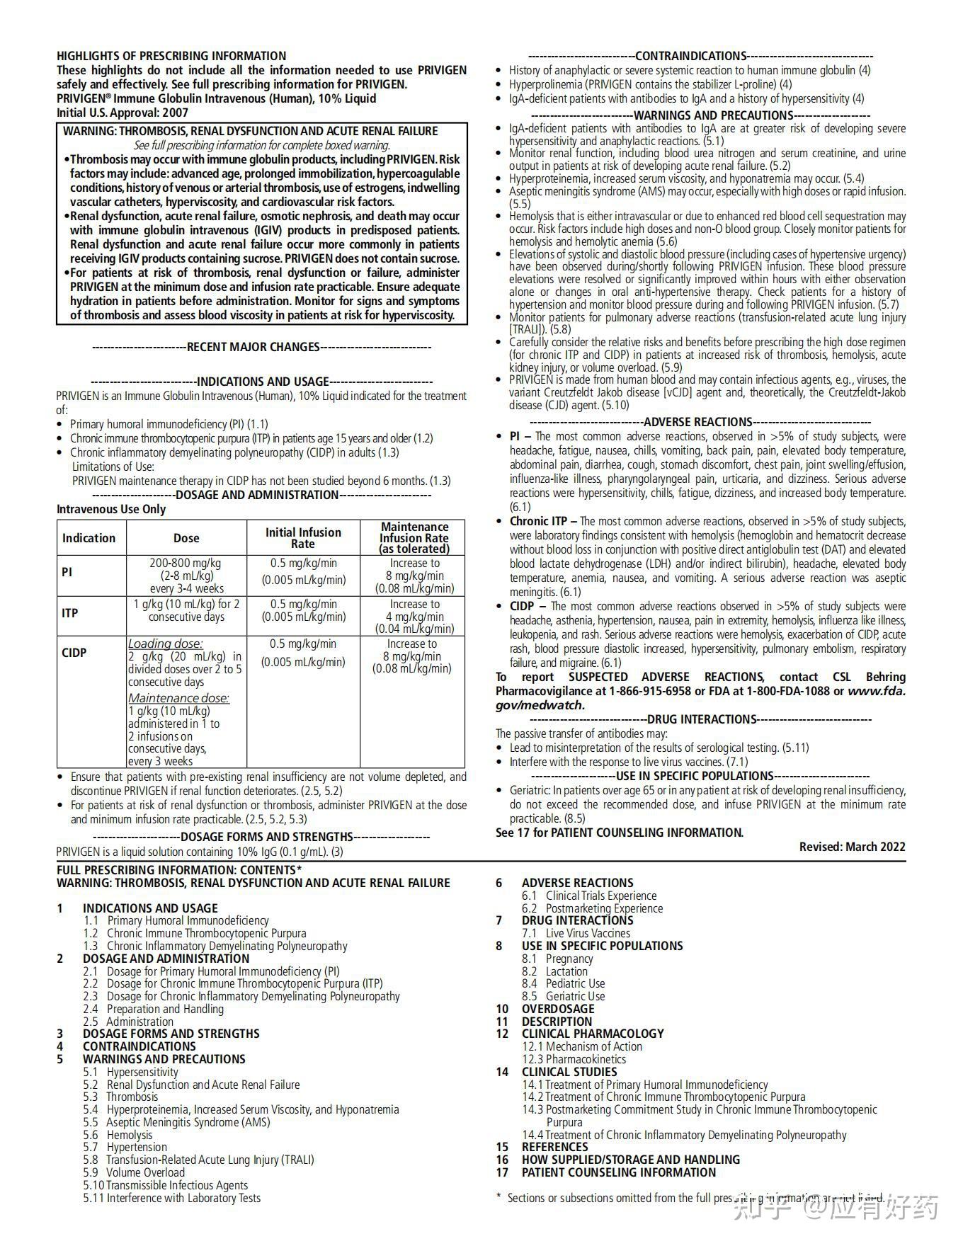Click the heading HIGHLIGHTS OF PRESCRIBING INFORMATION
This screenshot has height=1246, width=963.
click(x=171, y=56)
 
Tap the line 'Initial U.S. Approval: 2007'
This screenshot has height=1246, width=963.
click(x=122, y=113)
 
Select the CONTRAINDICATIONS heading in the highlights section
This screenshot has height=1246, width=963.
click(x=691, y=56)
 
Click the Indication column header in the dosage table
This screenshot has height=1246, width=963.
click(x=89, y=538)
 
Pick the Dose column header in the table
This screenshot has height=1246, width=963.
click(x=186, y=538)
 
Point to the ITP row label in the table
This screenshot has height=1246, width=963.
click(x=69, y=613)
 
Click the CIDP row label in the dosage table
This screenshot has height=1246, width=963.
click(x=74, y=653)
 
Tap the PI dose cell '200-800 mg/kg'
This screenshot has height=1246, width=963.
click(x=186, y=564)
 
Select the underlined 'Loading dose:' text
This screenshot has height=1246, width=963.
click(x=165, y=644)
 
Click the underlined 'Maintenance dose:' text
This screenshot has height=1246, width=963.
click(x=178, y=698)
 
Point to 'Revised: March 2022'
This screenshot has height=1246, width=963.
click(x=852, y=847)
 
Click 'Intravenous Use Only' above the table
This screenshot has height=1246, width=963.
click(x=111, y=509)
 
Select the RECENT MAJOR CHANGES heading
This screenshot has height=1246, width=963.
click(x=253, y=347)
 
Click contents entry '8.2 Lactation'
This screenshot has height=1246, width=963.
click(x=555, y=971)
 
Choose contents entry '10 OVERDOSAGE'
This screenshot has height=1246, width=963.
click(x=545, y=1009)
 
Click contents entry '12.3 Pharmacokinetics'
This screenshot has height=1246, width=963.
click(x=574, y=1059)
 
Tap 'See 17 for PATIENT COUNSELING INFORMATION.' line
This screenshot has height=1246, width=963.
click(x=620, y=833)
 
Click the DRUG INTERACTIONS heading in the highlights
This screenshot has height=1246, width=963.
click(x=702, y=719)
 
